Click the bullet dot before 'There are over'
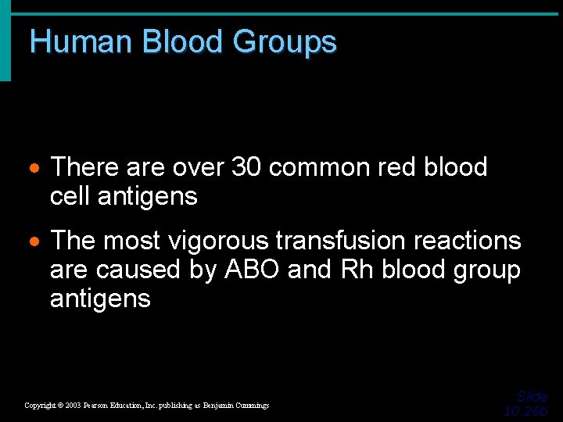pos(36,169)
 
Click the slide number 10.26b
pos(526,411)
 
